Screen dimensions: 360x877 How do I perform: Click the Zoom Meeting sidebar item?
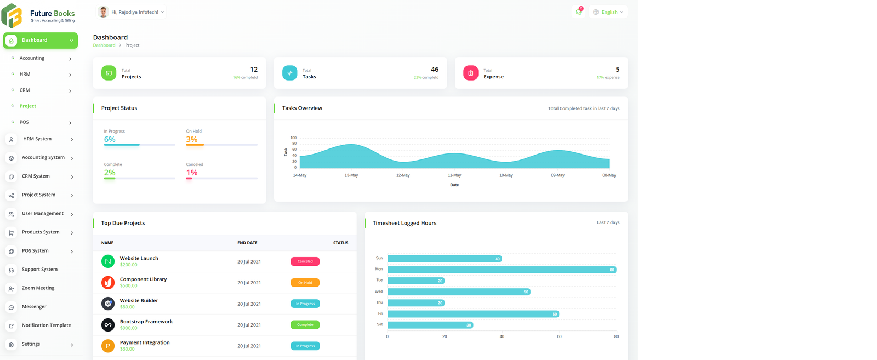point(38,288)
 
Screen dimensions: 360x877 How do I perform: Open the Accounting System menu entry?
point(43,158)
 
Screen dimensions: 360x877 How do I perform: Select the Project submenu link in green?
point(27,106)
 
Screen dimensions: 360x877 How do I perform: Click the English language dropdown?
point(608,12)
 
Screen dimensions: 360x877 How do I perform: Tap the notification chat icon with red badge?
point(578,12)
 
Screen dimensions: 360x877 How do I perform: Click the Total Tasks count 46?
point(434,70)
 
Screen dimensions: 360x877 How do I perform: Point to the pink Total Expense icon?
point(470,73)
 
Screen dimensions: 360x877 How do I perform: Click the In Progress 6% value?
point(110,140)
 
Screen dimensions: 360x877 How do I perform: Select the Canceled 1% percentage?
point(191,173)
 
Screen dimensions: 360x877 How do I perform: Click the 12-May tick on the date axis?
point(403,175)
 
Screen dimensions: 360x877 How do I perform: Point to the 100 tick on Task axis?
point(293,138)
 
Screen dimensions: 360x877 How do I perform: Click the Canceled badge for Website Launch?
point(305,261)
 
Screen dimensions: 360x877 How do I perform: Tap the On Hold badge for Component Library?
point(305,283)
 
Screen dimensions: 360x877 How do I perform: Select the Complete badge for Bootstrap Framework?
point(305,325)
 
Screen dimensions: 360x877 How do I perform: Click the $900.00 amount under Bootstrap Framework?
point(129,328)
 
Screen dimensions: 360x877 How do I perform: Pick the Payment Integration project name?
point(145,343)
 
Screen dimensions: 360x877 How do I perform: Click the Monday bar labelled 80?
point(502,270)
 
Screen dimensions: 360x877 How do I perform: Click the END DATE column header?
point(247,243)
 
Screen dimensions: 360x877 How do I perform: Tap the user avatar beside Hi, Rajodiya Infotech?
point(103,12)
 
